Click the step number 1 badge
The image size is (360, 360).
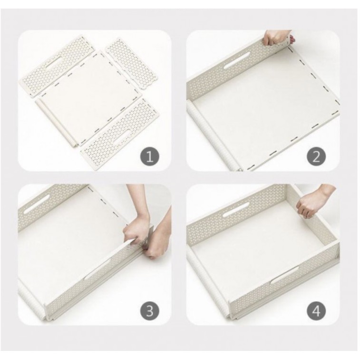pos(149,157)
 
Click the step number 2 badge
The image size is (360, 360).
pos(316,157)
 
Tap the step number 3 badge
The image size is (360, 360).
pos(149,311)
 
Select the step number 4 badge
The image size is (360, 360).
pos(316,311)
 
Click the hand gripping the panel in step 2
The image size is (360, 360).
pos(272,38)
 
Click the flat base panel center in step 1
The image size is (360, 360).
pos(88,97)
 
